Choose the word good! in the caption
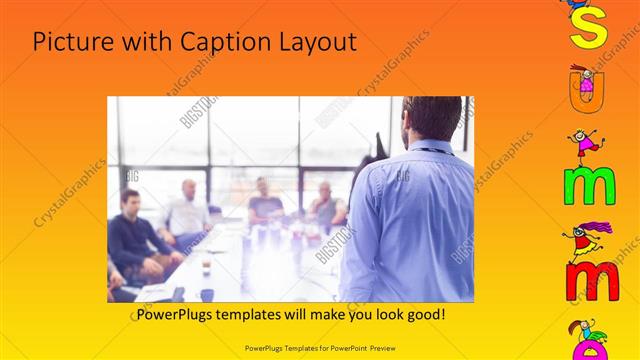tap(424, 314)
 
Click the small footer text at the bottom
tap(319, 348)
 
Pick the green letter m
tap(588, 186)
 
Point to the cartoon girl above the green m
tap(586, 144)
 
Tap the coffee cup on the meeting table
tap(206, 263)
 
